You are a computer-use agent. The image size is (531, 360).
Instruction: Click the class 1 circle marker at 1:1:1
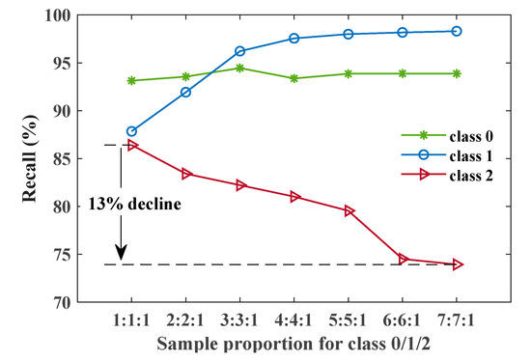[x=131, y=131]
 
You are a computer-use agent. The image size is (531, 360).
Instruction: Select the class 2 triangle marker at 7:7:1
[x=458, y=264]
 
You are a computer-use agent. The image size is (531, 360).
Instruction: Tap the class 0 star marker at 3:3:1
[x=239, y=69]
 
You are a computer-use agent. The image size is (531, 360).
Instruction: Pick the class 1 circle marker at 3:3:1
[x=239, y=51]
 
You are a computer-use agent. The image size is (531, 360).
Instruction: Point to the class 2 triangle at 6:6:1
[x=404, y=259]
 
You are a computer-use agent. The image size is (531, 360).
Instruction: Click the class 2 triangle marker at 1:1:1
[x=131, y=145]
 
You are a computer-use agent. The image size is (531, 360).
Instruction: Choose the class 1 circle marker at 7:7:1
[x=458, y=31]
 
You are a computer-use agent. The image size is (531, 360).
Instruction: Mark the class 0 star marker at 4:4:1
[x=294, y=78]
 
